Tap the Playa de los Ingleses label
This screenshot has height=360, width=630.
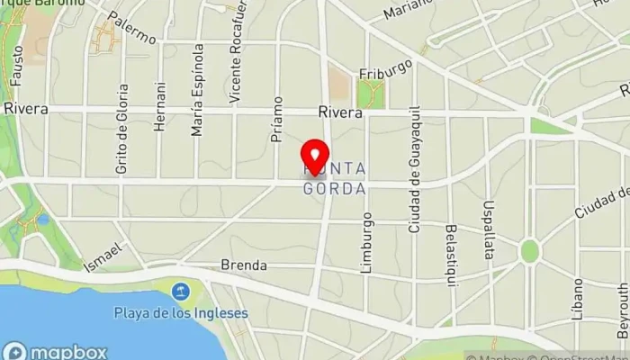pos(181,313)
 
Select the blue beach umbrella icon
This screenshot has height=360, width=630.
pos(181,291)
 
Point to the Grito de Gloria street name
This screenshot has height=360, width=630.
pos(121,129)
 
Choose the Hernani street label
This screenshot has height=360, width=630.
pos(160,108)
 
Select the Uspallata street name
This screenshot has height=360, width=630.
pos(489,229)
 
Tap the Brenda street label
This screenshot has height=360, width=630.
pos(244,265)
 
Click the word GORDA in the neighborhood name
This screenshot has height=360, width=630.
pos(334,190)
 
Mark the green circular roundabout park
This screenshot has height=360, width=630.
pos(529,250)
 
